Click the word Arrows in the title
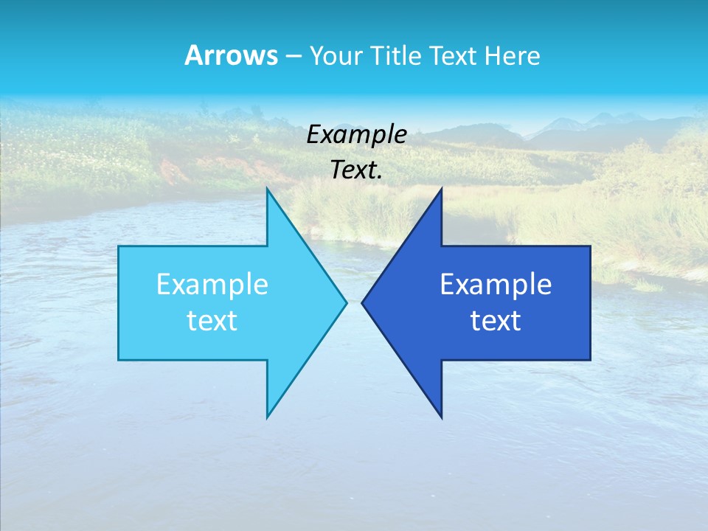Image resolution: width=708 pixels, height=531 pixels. tap(230, 55)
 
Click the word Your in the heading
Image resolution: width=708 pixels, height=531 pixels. tap(336, 55)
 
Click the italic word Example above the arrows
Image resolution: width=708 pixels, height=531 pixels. tap(356, 134)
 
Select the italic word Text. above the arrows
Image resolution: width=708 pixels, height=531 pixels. tap(356, 170)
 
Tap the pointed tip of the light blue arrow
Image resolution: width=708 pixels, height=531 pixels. tap(345, 302)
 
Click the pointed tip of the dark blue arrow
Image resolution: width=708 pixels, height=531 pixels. tap(364, 302)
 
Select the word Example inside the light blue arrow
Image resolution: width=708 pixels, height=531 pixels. tap(212, 285)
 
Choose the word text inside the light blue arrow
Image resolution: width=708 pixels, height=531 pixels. tap(212, 321)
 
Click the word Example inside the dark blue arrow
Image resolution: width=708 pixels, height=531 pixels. tap(496, 285)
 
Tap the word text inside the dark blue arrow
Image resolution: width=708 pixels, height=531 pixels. tap(496, 321)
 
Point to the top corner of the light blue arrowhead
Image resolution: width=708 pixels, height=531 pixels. tap(268, 190)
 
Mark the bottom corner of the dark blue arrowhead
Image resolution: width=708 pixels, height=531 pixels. tap(441, 416)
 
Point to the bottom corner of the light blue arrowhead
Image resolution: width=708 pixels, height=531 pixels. tap(268, 416)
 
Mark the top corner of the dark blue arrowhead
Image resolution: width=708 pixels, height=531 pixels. tap(441, 190)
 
